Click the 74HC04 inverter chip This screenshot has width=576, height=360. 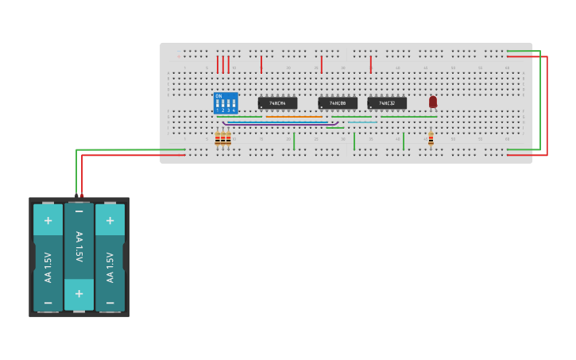point(277,103)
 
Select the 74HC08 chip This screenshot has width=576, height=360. point(338,103)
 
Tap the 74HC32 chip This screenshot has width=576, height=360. point(387,103)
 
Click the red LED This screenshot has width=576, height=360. point(433,102)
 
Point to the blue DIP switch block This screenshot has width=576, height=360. point(226,103)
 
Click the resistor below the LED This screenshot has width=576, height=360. point(431,139)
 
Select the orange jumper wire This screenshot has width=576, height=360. point(294,117)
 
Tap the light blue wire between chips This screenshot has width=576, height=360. point(361,122)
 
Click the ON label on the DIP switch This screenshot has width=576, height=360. point(218,96)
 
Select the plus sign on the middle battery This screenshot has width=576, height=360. point(79,294)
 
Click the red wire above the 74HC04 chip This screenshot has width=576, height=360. point(261,64)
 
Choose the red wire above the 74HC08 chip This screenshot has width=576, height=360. point(321,64)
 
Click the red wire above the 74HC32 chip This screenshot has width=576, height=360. point(370,64)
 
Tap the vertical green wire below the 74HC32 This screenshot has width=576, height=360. point(404,141)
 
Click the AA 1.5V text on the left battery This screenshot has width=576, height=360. point(48,267)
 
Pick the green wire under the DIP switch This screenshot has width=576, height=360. point(239,117)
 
